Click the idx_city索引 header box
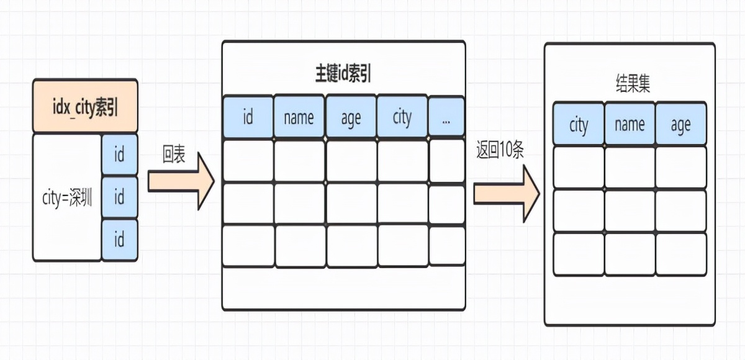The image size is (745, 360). coord(85,106)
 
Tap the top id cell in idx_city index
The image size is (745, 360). coord(119,155)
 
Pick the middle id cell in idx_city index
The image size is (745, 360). coord(119,197)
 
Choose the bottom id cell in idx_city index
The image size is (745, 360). coord(119,240)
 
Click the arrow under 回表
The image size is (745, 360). coord(181,182)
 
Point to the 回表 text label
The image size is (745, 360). coord(174,155)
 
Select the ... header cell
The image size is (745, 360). coord(446,116)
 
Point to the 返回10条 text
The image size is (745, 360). coord(500,151)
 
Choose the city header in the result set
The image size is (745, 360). coord(578,125)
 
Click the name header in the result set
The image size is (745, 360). coord(630,125)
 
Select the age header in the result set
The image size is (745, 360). coord(680,125)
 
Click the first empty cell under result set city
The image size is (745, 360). coord(578,168)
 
